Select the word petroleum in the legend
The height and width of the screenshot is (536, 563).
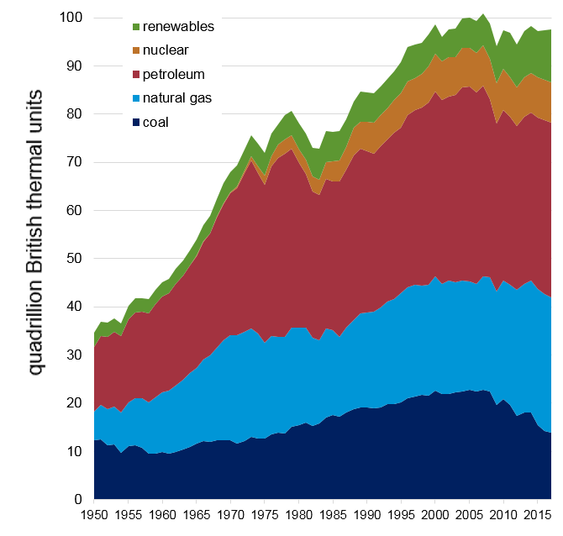[173, 74]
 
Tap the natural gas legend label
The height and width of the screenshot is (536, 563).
[177, 97]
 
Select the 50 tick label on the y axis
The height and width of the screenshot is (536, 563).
[74, 259]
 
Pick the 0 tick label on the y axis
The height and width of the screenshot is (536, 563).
[78, 500]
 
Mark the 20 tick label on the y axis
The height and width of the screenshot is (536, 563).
[74, 403]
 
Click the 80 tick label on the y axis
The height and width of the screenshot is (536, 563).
[74, 114]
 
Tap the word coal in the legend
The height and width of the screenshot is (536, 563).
[156, 122]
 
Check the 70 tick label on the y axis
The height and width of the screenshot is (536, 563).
[74, 162]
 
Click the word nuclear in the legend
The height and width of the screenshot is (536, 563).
[166, 50]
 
